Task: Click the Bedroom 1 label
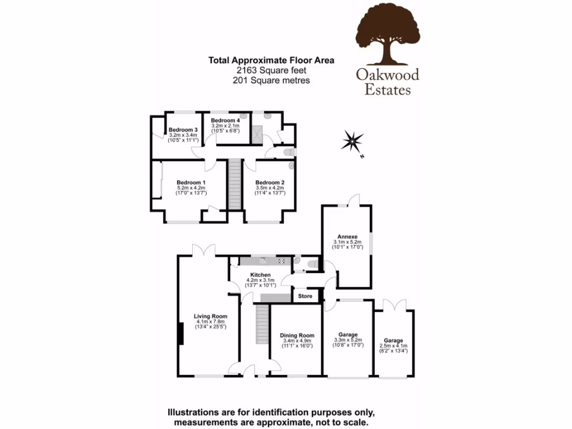coord(191,183)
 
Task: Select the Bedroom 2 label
coord(270,183)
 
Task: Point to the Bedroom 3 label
coord(183,130)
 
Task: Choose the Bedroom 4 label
coord(226,121)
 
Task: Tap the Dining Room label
coord(297,336)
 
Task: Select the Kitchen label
coord(260,275)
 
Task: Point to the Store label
coord(305,296)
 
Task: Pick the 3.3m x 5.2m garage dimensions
coord(347,340)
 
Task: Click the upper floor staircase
coord(235,183)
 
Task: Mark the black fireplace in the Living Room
coord(180,335)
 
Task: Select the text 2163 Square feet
coord(271,70)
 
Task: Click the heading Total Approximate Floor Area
coord(271,60)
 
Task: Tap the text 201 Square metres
coord(271,80)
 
